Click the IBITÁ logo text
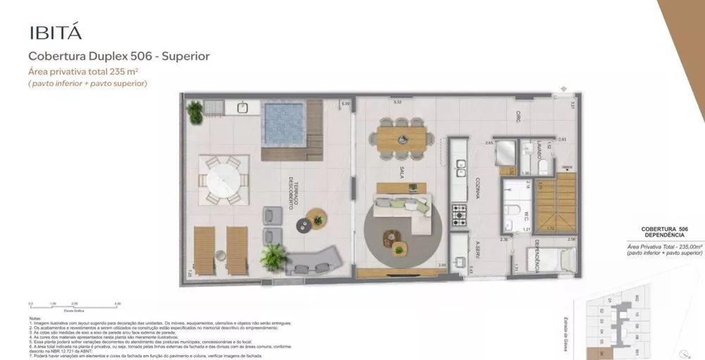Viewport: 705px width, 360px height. (56, 32)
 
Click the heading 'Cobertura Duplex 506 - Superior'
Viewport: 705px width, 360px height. (118, 56)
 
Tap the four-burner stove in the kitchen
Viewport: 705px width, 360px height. (460, 211)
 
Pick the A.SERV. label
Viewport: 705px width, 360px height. (477, 251)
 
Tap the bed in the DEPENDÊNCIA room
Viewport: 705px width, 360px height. (550, 260)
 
